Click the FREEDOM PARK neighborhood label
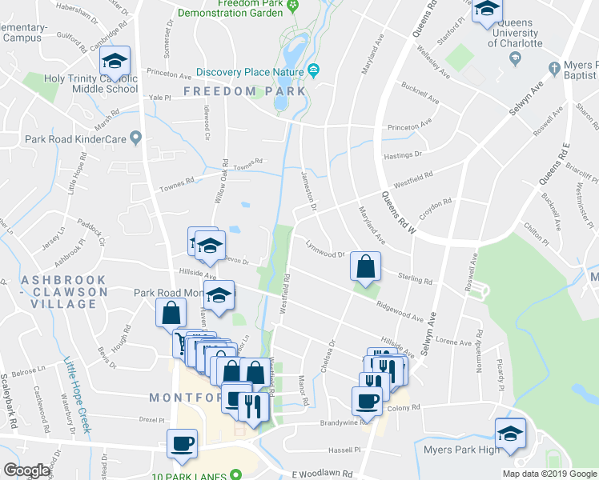pyautogui.click(x=244, y=91)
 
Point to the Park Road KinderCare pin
pyautogui.click(x=135, y=138)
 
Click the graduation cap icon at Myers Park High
pyautogui.click(x=510, y=433)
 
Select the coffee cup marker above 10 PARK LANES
pyautogui.click(x=182, y=444)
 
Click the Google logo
pyautogui.click(x=26, y=470)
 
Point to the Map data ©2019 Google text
pyautogui.click(x=549, y=474)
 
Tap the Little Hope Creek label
pyautogui.click(x=78, y=398)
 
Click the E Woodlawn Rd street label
pyautogui.click(x=323, y=474)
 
